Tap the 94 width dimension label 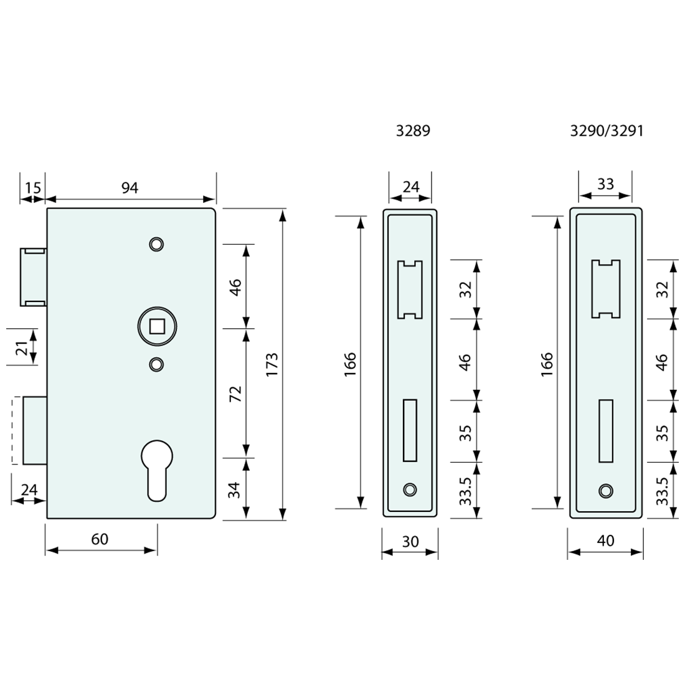tap(130, 187)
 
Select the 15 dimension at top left tap(33, 187)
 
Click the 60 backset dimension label tap(100, 539)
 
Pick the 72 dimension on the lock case tap(235, 394)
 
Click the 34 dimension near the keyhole tap(234, 489)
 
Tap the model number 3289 tap(413, 131)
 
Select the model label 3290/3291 tap(607, 131)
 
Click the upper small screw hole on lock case tap(156, 243)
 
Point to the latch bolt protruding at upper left tap(34, 276)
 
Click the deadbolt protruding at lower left tap(34, 430)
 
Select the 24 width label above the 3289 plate tap(411, 186)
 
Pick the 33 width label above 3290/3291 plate tap(605, 184)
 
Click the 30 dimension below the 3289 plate tap(410, 542)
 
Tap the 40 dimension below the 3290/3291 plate tap(605, 540)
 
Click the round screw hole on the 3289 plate tap(409, 490)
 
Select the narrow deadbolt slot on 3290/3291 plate tap(605, 431)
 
